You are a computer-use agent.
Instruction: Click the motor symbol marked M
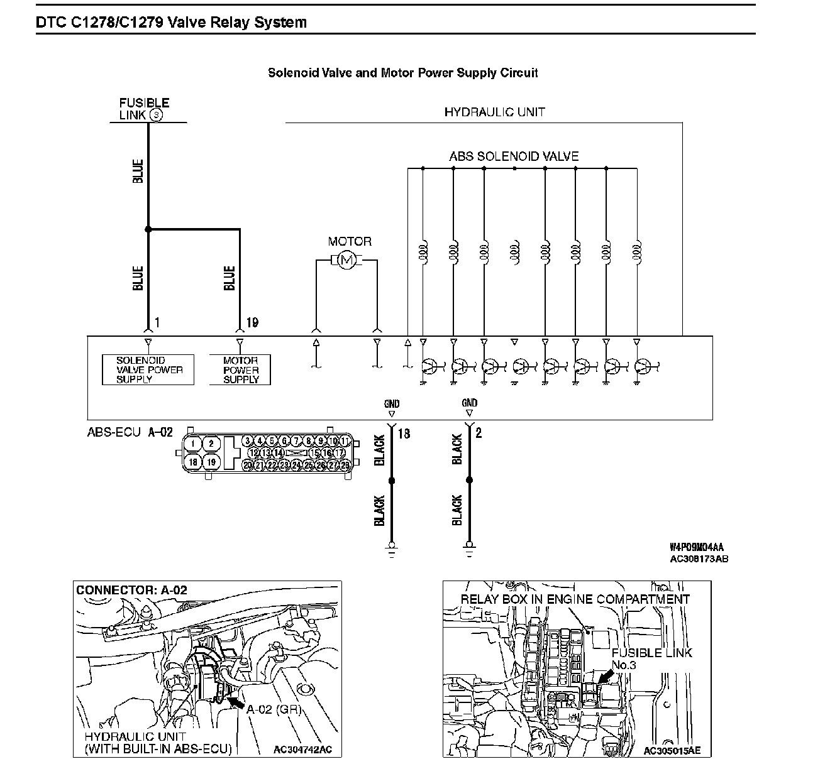(346, 259)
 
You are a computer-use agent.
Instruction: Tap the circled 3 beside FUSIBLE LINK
(156, 115)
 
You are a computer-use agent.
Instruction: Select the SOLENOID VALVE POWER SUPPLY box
(148, 370)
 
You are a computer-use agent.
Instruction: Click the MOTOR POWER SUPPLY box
(240, 370)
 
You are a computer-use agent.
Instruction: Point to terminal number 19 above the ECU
(252, 323)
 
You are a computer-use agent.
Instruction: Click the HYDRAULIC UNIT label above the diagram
(494, 112)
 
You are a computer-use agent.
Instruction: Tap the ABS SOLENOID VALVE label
(514, 156)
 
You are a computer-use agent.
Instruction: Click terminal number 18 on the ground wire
(404, 433)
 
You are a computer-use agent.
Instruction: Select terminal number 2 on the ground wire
(479, 433)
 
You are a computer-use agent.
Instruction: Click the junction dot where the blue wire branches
(148, 229)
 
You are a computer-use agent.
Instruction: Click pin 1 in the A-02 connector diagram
(193, 444)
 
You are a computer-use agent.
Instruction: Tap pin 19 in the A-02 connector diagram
(212, 462)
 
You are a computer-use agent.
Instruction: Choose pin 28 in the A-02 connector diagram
(345, 465)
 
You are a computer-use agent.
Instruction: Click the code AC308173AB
(699, 559)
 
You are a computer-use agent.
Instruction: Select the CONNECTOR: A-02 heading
(131, 591)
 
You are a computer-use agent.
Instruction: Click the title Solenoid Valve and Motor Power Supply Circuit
(402, 73)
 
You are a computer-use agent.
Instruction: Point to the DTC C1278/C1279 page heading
(172, 23)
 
